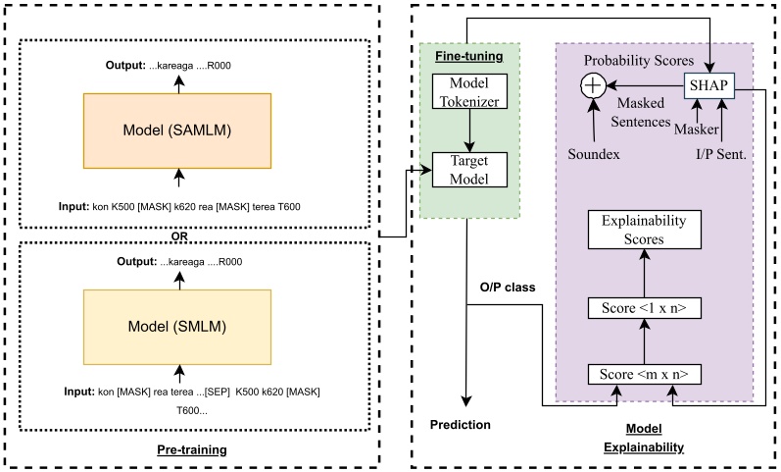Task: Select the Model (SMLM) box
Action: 179,325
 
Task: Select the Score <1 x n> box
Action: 644,309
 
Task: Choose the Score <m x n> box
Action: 644,375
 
